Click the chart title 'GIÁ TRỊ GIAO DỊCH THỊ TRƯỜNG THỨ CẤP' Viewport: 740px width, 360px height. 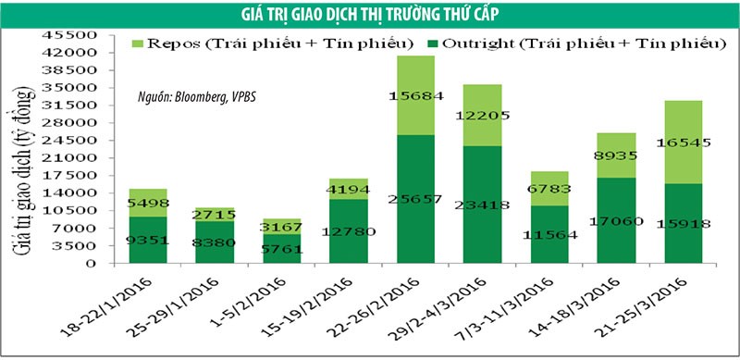pos(370,12)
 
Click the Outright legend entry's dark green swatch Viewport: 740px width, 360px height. pos(432,43)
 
